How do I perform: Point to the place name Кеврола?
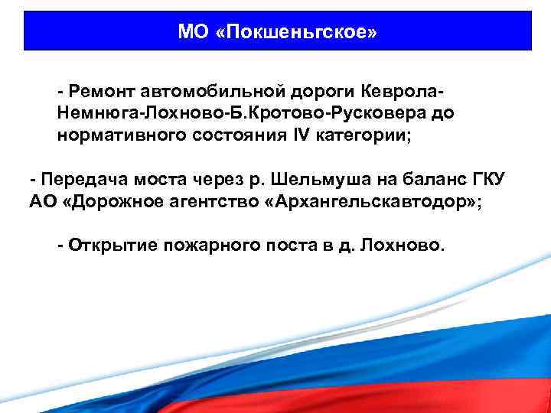(x=401, y=92)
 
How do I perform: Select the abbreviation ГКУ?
(x=491, y=180)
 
